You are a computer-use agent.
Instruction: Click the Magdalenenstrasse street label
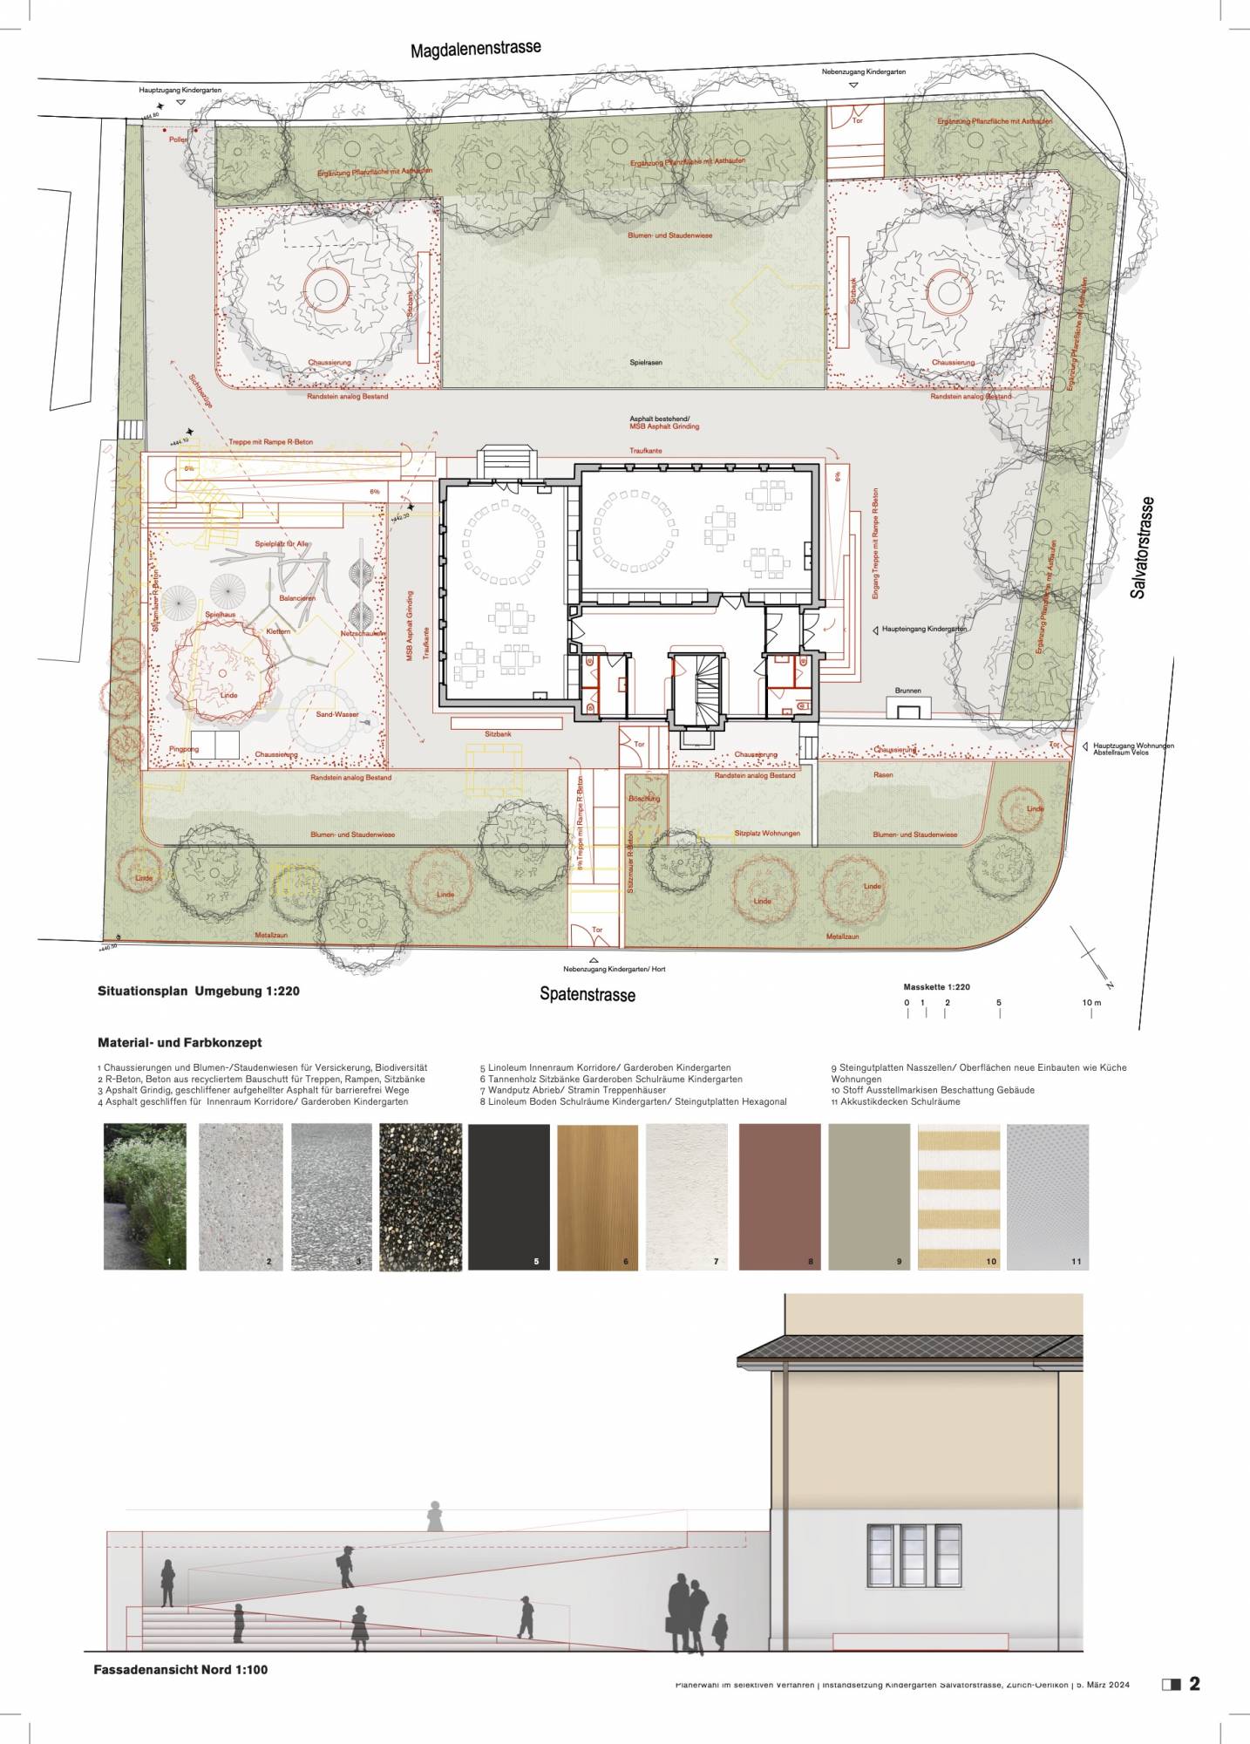pyautogui.click(x=475, y=49)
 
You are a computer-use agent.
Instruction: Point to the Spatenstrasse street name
pyautogui.click(x=587, y=994)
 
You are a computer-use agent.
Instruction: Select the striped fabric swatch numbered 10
pyautogui.click(x=959, y=1196)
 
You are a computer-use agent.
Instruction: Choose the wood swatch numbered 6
pyautogui.click(x=597, y=1196)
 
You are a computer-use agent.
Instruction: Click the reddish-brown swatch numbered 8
pyautogui.click(x=779, y=1196)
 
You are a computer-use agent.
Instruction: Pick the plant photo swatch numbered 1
pyautogui.click(x=145, y=1196)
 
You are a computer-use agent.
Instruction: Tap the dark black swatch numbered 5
pyautogui.click(x=508, y=1196)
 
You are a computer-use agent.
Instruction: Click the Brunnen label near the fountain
pyautogui.click(x=907, y=691)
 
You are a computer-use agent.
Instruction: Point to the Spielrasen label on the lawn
pyautogui.click(x=646, y=362)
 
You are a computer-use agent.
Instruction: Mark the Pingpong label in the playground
pyautogui.click(x=184, y=749)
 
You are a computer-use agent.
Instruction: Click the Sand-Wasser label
pyautogui.click(x=336, y=714)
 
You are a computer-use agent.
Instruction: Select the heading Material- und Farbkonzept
pyautogui.click(x=180, y=1042)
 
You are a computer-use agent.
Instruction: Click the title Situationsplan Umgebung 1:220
pyautogui.click(x=199, y=991)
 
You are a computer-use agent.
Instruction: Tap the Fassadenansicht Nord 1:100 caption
pyautogui.click(x=180, y=1669)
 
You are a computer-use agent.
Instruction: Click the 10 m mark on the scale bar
pyautogui.click(x=1091, y=1003)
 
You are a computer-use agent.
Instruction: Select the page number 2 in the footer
pyautogui.click(x=1194, y=1684)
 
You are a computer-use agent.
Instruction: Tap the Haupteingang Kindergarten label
pyautogui.click(x=924, y=629)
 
